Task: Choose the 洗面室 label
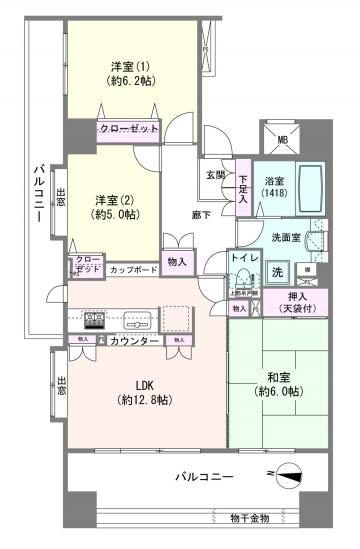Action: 288,237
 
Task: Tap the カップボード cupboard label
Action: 132,269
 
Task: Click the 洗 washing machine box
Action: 279,271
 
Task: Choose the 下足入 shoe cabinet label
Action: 243,189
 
